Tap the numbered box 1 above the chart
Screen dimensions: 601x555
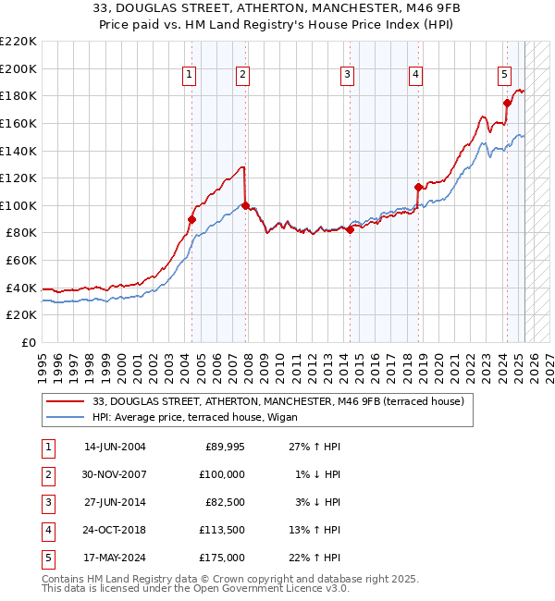[x=189, y=75]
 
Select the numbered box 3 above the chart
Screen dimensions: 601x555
[x=347, y=75]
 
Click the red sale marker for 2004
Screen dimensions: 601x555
[x=191, y=219]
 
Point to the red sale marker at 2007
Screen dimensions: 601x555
[x=244, y=205]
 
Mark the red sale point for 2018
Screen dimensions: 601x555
[x=418, y=187]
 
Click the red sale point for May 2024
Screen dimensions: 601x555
[x=507, y=103]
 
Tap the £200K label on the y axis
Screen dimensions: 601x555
[x=18, y=68]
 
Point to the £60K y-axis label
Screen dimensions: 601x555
[x=21, y=261]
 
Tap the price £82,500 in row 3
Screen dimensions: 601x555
[x=224, y=502]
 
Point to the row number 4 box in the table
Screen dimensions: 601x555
[x=46, y=530]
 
